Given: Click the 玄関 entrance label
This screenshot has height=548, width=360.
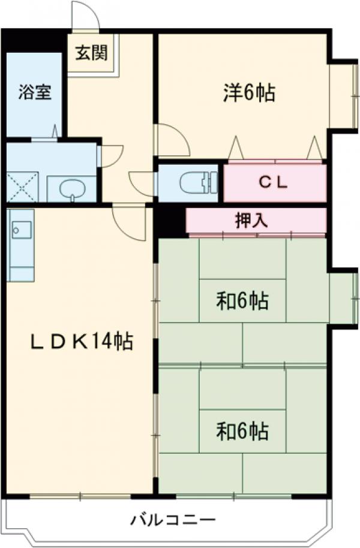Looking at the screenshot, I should point(92,53).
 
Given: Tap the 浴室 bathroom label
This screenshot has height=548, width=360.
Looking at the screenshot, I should point(34,93).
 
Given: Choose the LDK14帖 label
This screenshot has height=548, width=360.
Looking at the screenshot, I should point(82,342).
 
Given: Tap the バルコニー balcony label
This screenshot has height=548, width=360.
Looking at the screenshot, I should point(173,519).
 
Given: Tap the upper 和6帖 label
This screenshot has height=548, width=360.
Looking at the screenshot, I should point(242,300).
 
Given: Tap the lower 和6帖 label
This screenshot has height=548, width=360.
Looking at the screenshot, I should point(242,430).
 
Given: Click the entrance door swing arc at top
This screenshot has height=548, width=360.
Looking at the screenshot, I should point(84,15).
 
